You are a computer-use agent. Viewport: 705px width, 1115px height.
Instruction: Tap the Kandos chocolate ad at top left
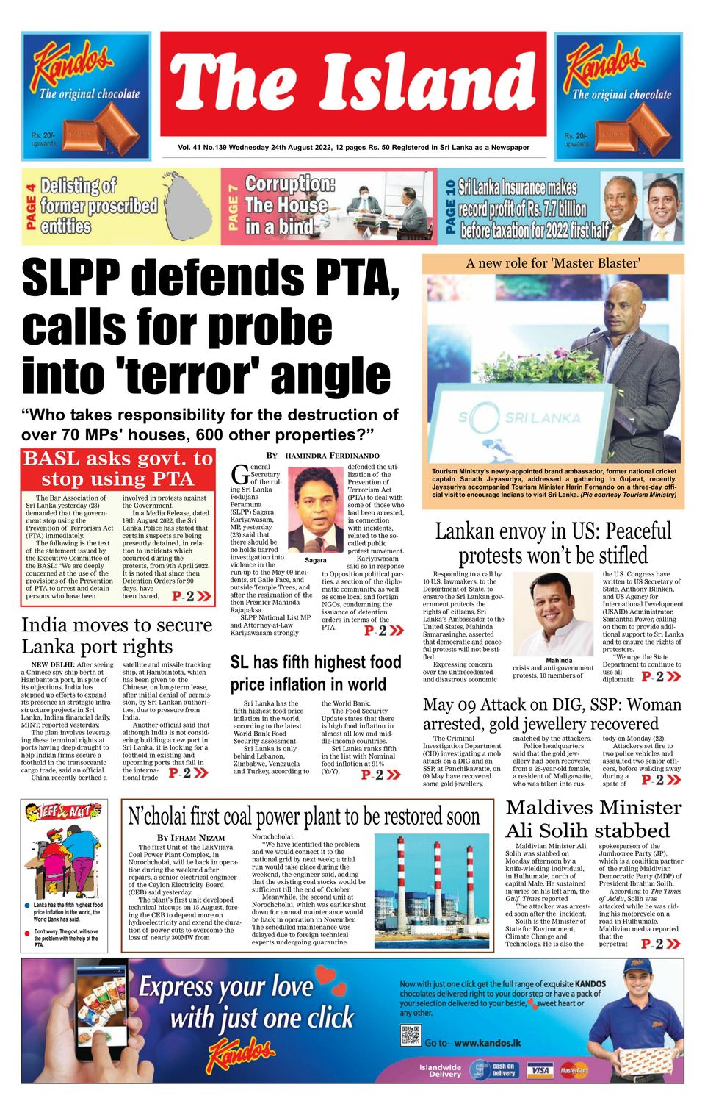[x=86, y=96]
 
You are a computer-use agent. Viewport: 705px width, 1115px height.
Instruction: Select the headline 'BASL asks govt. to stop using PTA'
[x=117, y=468]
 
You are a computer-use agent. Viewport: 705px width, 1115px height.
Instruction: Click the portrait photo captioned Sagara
[x=316, y=510]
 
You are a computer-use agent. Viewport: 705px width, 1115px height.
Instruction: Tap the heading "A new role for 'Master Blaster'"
[x=552, y=263]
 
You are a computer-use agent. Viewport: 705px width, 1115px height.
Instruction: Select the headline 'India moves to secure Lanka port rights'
[x=117, y=636]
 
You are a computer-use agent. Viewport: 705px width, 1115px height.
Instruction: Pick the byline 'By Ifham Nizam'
[x=190, y=837]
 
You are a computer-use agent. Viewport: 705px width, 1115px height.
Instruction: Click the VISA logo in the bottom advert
[x=539, y=1069]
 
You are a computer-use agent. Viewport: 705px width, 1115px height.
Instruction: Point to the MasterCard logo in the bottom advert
[x=574, y=1069]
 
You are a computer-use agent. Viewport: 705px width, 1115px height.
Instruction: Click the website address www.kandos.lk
[x=488, y=1042]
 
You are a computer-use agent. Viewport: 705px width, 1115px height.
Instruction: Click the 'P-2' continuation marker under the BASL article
[x=191, y=596]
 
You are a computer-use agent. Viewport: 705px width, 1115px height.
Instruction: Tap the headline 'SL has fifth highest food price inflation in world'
[x=316, y=673]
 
